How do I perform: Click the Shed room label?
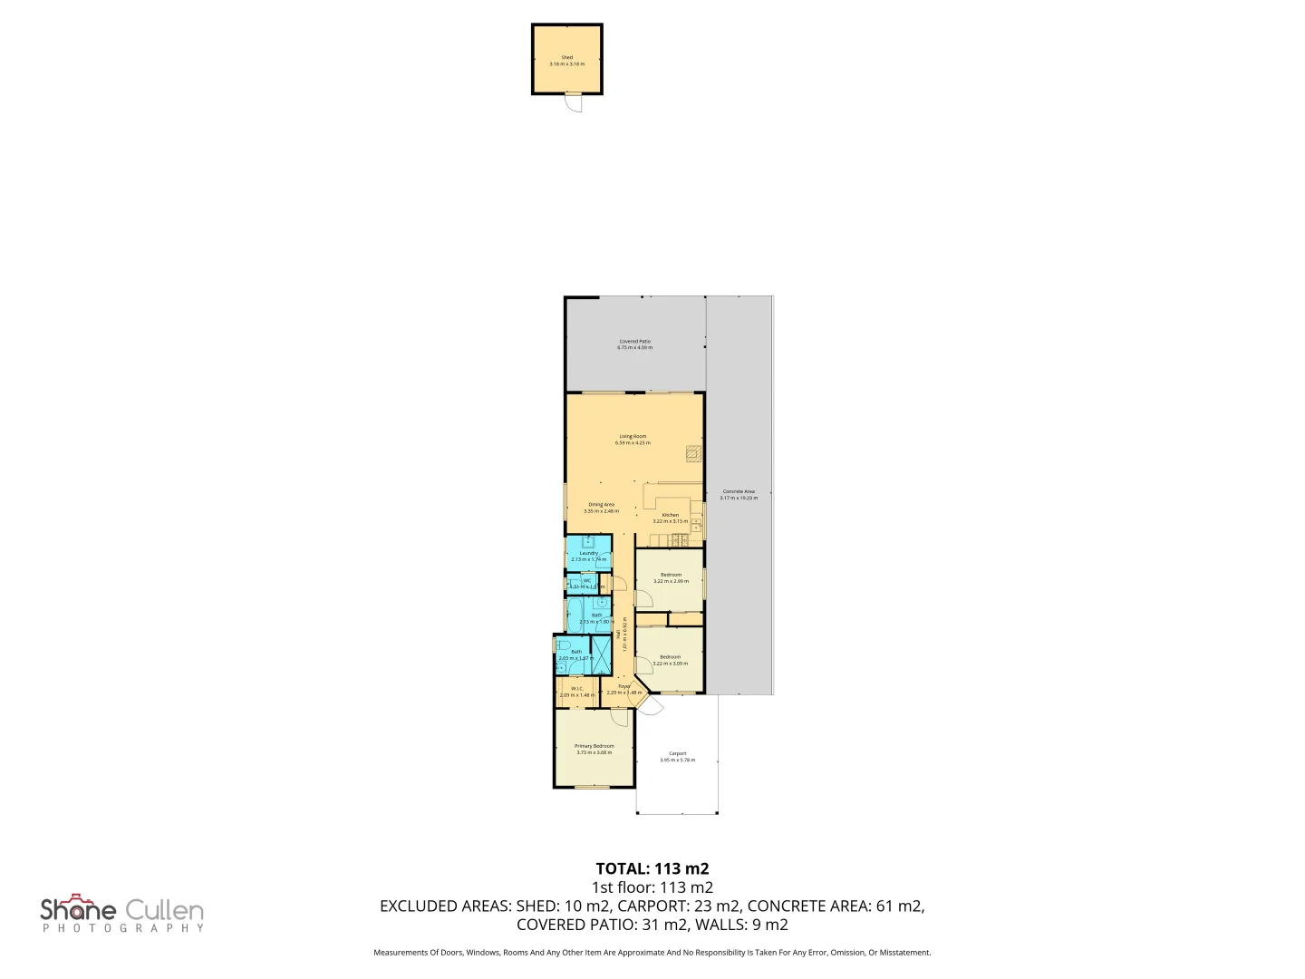pyautogui.click(x=567, y=57)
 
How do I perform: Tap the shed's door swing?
pyautogui.click(x=572, y=103)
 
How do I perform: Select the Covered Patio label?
pyautogui.click(x=634, y=342)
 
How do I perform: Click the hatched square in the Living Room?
pyautogui.click(x=693, y=451)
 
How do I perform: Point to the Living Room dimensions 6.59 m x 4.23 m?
pyautogui.click(x=633, y=442)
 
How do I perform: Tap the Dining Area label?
pyautogui.click(x=601, y=505)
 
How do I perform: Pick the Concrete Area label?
pyautogui.click(x=739, y=491)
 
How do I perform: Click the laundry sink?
pyautogui.click(x=588, y=542)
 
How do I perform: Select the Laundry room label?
pyautogui.click(x=588, y=553)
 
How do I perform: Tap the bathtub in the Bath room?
pyautogui.click(x=574, y=614)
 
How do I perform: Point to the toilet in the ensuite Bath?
pyautogui.click(x=563, y=645)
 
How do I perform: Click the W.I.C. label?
pyautogui.click(x=576, y=689)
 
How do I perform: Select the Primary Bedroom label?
pyautogui.click(x=594, y=746)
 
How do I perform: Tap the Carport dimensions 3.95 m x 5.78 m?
pyautogui.click(x=677, y=760)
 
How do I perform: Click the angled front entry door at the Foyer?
pyautogui.click(x=649, y=706)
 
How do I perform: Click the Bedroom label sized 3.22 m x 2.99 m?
pyautogui.click(x=671, y=575)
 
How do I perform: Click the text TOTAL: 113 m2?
pyautogui.click(x=652, y=868)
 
